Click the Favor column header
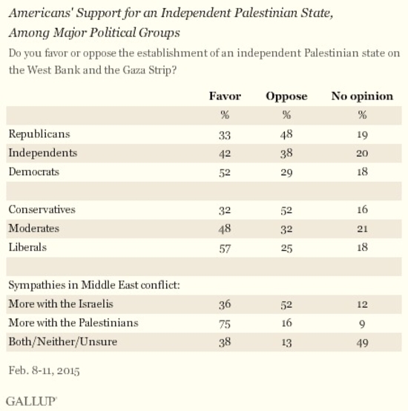tap(225, 96)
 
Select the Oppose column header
tap(286, 96)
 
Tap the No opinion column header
tap(362, 96)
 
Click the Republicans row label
tap(39, 134)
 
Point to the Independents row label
tap(43, 153)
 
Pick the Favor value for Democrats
tap(225, 172)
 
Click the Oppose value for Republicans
tap(286, 134)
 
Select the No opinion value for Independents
tap(362, 153)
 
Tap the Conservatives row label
tap(42, 209)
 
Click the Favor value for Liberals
tap(225, 248)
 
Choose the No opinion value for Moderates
tap(362, 228)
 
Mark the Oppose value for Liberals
tap(286, 248)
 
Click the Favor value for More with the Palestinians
tap(225, 323)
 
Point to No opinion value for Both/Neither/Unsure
tap(363, 343)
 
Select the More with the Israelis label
tap(61, 304)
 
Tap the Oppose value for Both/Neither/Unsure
tap(286, 343)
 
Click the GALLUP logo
tap(31, 401)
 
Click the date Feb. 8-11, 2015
tap(44, 371)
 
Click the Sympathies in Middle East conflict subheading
tap(94, 285)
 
